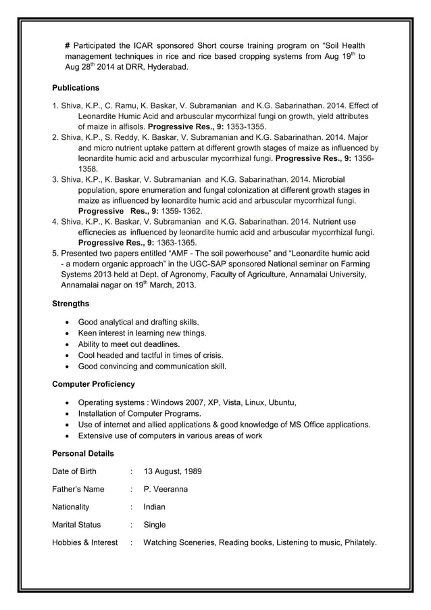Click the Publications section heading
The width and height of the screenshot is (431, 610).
point(76,88)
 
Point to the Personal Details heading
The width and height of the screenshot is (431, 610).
point(83,453)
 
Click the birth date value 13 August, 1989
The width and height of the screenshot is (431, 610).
point(172,471)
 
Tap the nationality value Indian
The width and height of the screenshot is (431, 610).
point(155,507)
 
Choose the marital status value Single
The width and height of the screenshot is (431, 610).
point(155,524)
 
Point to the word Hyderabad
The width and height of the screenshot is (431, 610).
point(168,68)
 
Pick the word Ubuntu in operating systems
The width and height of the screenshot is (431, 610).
point(282,403)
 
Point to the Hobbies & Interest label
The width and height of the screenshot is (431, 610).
point(85,542)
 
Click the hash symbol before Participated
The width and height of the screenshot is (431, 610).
point(68,45)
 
